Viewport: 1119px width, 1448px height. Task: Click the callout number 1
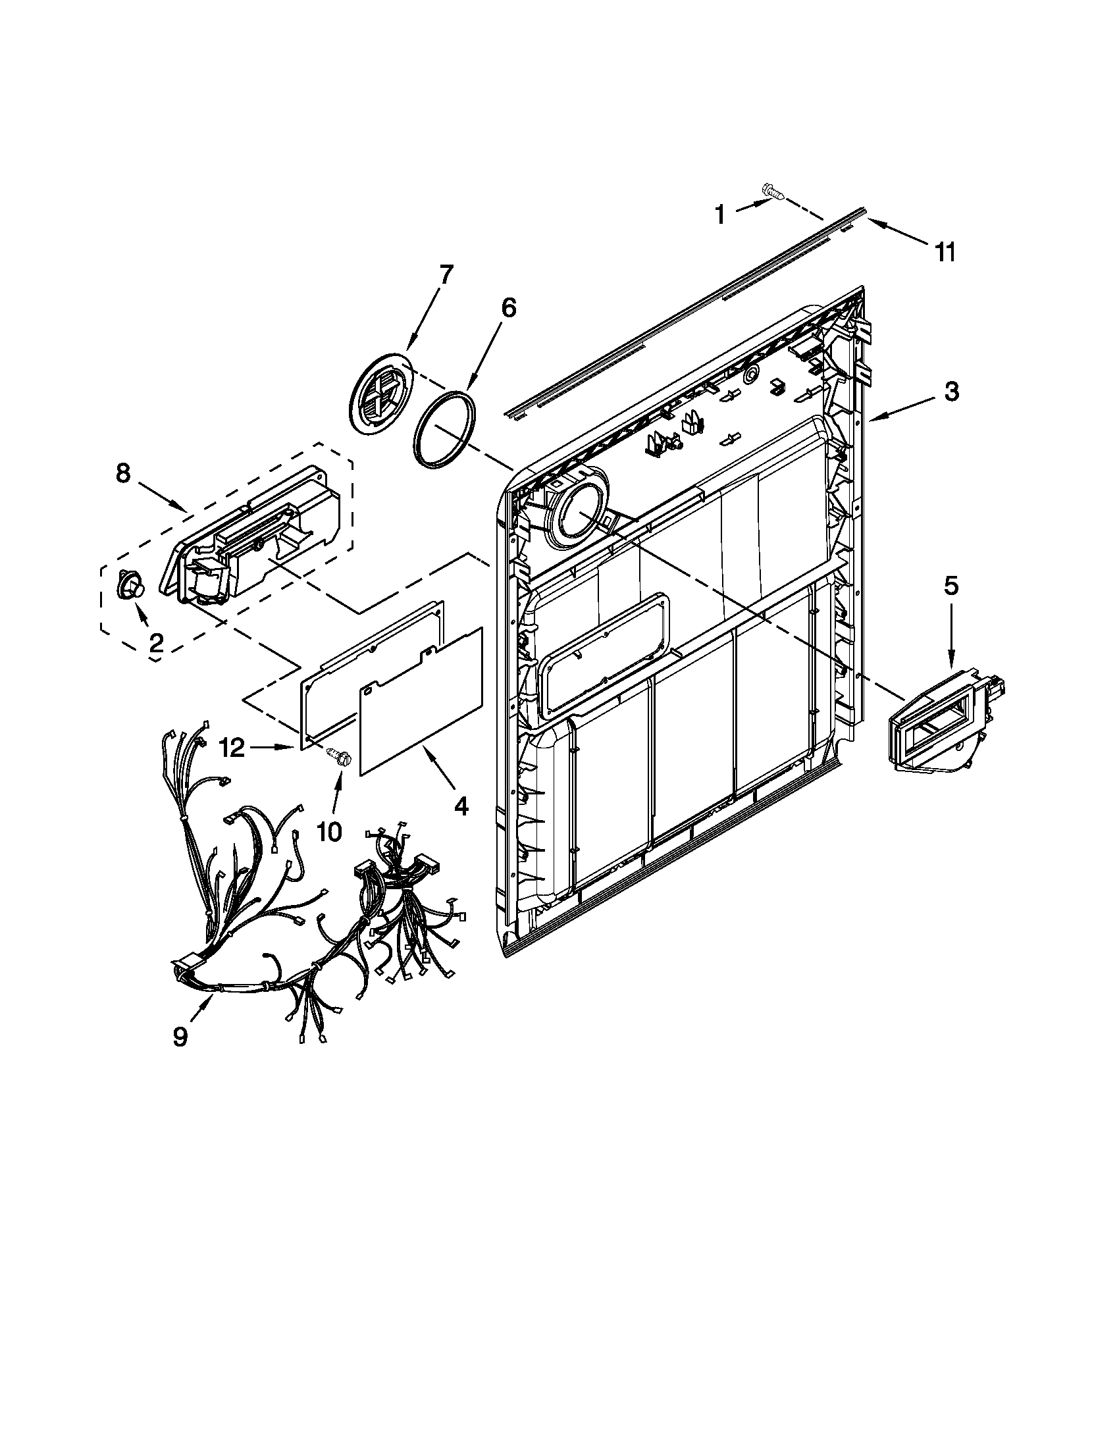(x=719, y=215)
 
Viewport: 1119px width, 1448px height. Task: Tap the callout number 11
(x=945, y=251)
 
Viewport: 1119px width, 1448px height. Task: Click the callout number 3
(x=950, y=392)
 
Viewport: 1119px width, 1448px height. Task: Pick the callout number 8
(x=123, y=473)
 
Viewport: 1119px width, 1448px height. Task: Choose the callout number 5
(x=950, y=585)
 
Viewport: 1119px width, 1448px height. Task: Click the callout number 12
(x=232, y=748)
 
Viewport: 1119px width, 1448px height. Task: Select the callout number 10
(x=330, y=831)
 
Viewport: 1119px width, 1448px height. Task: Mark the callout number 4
(x=461, y=806)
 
